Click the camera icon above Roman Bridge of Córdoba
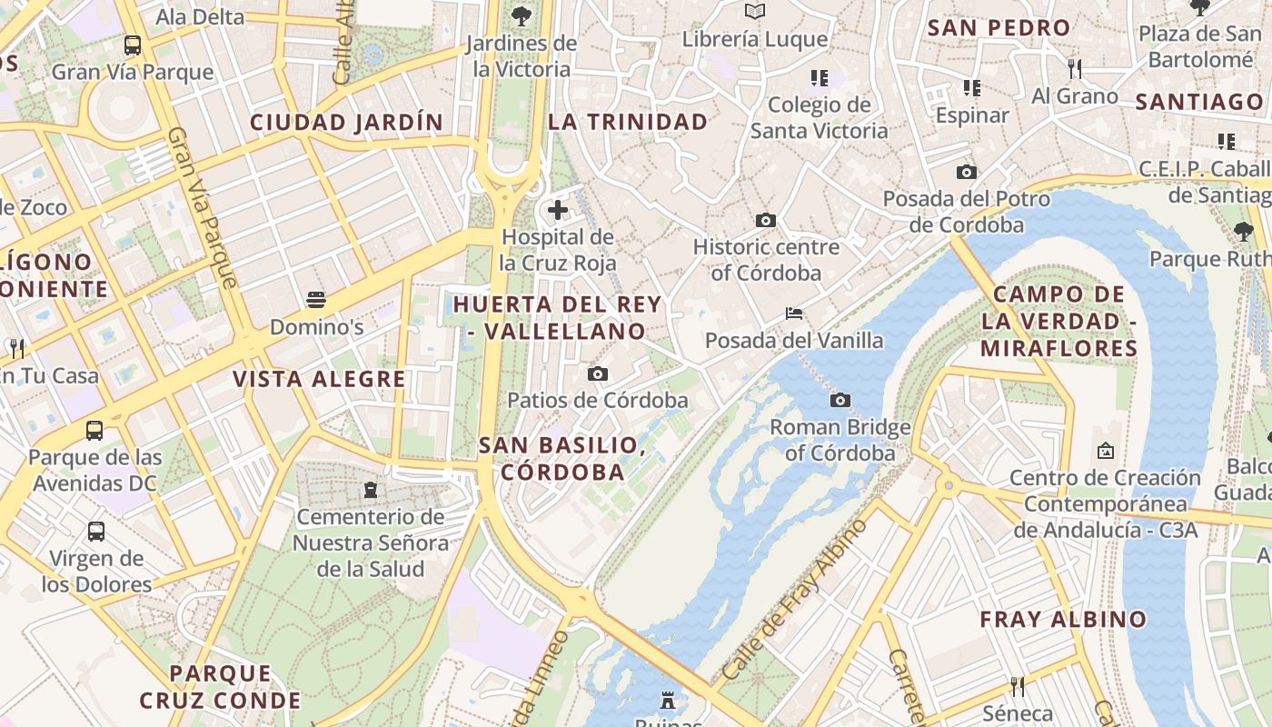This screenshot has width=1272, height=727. (840, 400)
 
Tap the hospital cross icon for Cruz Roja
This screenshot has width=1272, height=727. (558, 211)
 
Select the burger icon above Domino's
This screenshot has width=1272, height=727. (316, 299)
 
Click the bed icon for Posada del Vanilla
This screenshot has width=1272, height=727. (794, 314)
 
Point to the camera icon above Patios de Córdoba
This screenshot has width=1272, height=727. (597, 373)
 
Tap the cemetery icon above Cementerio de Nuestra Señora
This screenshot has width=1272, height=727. (370, 490)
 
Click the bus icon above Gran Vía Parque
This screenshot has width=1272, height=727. (133, 45)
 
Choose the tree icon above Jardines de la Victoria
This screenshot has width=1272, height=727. (522, 15)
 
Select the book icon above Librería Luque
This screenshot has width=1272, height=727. (755, 12)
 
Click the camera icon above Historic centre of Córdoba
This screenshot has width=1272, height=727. (766, 220)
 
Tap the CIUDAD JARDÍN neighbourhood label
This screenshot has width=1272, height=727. (347, 122)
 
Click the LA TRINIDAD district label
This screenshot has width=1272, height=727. (628, 122)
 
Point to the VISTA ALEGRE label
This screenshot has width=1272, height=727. (319, 379)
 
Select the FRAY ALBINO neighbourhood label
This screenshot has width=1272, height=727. (1063, 620)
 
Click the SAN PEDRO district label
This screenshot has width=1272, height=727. (999, 27)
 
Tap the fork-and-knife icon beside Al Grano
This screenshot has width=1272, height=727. (1075, 68)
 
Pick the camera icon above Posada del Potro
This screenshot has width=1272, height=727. (967, 172)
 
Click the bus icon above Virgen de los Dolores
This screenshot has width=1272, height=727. (96, 531)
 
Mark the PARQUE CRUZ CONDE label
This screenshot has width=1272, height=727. (220, 687)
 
